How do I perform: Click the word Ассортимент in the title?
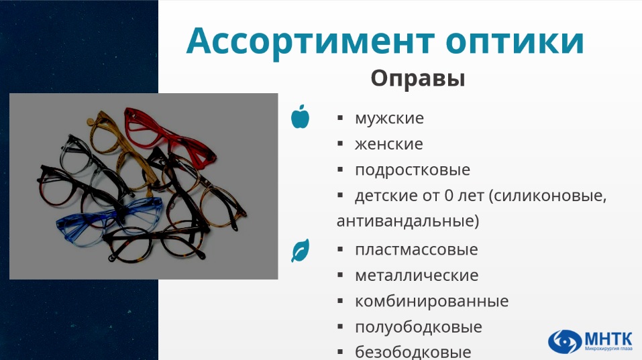coord(311,41)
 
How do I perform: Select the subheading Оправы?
coord(418,78)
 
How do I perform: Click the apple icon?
coord(300,117)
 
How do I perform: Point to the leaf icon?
coord(300,250)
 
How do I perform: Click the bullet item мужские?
coord(389,118)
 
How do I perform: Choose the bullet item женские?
coord(388,144)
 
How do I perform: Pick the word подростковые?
coord(413,170)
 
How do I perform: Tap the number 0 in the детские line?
coord(449,196)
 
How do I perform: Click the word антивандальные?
coord(407,221)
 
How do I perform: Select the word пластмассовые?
coord(417,249)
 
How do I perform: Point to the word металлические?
coord(417,276)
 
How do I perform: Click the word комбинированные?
coord(431,302)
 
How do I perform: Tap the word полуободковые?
coord(419,327)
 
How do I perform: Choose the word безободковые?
coord(413,352)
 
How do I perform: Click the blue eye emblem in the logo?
coord(565,341)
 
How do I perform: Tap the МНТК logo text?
coord(608,339)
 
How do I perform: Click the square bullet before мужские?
coord(340,118)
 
